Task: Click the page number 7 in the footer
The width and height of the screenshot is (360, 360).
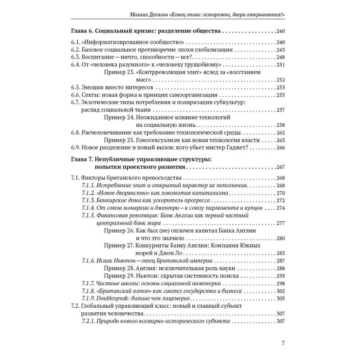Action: click(282, 344)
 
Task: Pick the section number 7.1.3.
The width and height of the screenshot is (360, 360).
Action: click(90, 200)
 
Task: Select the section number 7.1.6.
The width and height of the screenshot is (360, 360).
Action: click(90, 261)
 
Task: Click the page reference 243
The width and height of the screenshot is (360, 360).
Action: click(281, 50)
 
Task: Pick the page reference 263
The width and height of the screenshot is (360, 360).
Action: click(281, 139)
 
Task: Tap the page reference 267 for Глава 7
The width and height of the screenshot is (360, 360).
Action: click(281, 166)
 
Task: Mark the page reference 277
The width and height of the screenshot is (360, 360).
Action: click(281, 223)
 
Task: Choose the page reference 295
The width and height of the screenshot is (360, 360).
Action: click(281, 276)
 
